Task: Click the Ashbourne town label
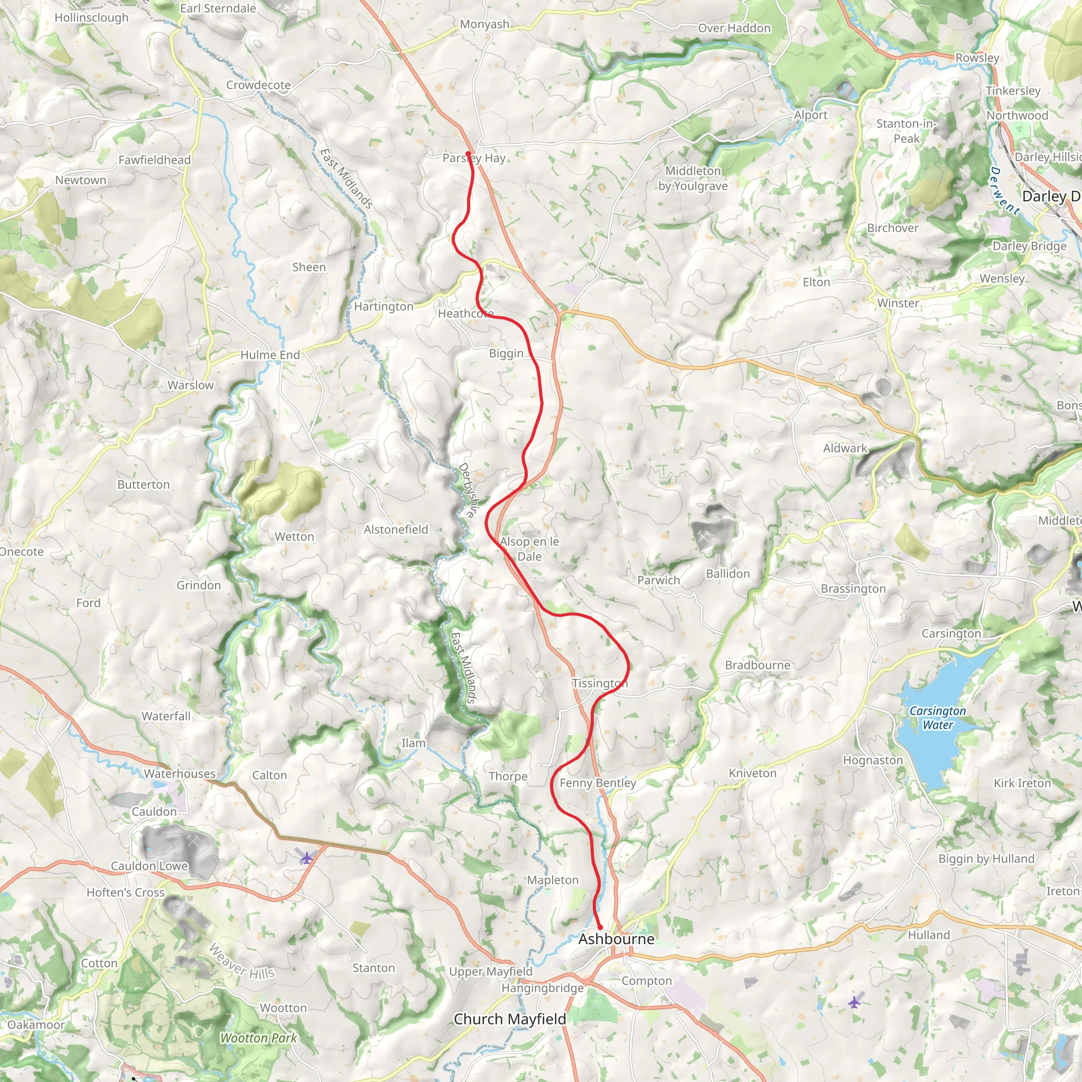click(616, 939)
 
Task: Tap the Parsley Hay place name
click(474, 158)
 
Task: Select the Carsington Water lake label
click(938, 717)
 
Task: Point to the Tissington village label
click(599, 683)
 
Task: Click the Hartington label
click(384, 306)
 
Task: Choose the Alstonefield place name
click(396, 529)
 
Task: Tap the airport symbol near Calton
click(306, 857)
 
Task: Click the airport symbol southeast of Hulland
click(854, 1002)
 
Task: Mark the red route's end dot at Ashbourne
click(600, 927)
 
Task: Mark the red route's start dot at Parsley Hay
click(468, 153)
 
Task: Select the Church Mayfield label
click(510, 1019)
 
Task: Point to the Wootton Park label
click(258, 1038)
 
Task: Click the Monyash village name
click(484, 24)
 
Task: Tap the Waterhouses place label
click(179, 773)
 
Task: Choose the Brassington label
click(853, 589)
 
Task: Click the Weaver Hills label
click(241, 961)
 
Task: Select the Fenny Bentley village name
click(598, 783)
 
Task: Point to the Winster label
click(898, 303)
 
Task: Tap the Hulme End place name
click(270, 355)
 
